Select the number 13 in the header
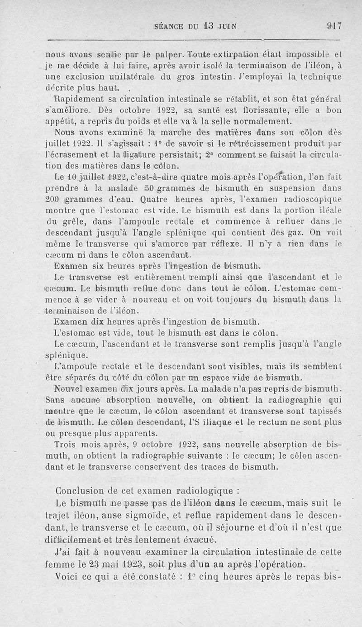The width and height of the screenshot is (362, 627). point(208,26)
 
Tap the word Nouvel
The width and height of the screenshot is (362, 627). point(68,389)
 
